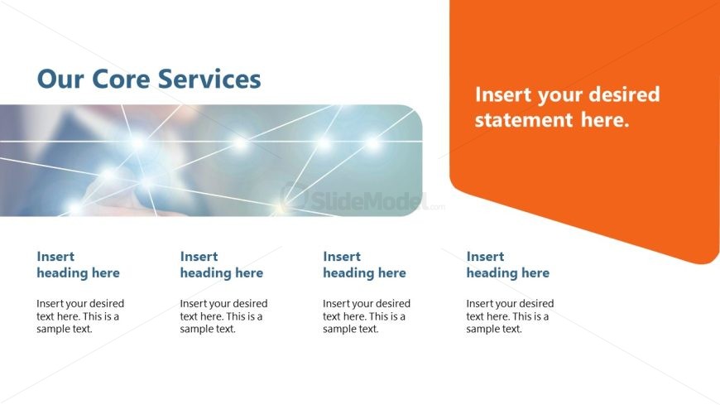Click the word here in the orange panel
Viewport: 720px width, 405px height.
pos(604,121)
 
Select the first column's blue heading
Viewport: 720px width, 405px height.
pos(78,265)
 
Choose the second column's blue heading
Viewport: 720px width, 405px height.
pos(221,265)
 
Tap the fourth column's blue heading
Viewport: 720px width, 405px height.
pos(507,265)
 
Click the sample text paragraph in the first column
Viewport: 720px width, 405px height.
pos(80,316)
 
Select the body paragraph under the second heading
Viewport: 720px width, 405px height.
pos(223,316)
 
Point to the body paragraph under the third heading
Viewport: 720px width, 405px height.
pos(367,316)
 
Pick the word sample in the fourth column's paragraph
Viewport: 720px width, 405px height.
pos(484,329)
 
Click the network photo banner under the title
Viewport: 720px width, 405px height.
pos(207,161)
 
